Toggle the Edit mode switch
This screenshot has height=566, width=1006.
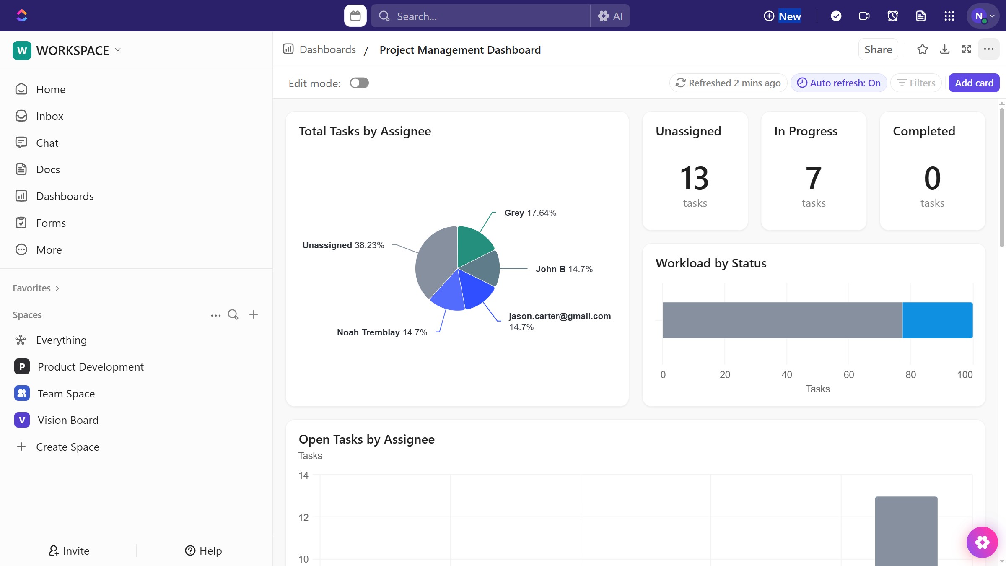[359, 83]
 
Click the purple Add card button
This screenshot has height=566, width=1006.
[974, 83]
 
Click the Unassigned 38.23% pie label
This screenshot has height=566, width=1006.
[343, 245]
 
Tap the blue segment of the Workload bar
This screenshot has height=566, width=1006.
[937, 320]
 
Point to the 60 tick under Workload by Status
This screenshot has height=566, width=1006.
[848, 375]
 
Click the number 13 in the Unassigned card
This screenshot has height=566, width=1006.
[695, 178]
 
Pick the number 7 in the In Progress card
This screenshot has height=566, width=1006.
[813, 178]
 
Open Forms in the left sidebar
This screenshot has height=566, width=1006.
[51, 223]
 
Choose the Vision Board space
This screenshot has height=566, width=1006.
[68, 420]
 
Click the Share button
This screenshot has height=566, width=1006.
[878, 49]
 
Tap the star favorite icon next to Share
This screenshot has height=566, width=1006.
[922, 49]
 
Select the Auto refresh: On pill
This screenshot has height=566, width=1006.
[839, 83]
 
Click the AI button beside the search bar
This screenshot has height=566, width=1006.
[610, 16]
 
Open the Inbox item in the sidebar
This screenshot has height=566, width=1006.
[49, 116]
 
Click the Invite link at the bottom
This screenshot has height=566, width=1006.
[69, 551]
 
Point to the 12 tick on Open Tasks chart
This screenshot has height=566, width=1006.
[303, 518]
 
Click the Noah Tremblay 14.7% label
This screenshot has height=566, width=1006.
[382, 332]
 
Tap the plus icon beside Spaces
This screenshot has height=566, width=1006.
[254, 314]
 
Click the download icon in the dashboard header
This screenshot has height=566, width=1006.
[945, 49]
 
